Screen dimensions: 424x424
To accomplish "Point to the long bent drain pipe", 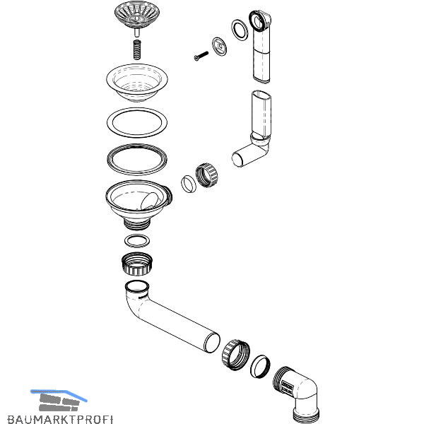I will (177, 318).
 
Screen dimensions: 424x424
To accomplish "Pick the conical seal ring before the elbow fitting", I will (260, 365).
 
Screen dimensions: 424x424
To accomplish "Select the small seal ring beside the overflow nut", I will (189, 184).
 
